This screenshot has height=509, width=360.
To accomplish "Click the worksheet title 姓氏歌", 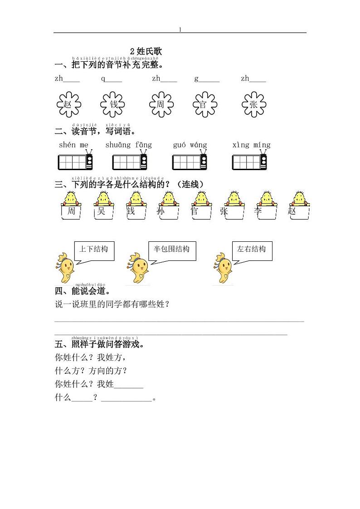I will (x=146, y=51).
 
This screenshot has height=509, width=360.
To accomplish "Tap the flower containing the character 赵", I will (x=68, y=104).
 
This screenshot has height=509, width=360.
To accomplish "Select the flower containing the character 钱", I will (x=113, y=104).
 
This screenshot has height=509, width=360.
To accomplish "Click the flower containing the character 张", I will (x=253, y=104).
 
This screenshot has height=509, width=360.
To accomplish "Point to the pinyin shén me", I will (x=74, y=145).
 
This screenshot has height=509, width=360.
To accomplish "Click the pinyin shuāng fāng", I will (x=129, y=145).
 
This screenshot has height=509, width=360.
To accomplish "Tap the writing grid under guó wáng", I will (x=190, y=162).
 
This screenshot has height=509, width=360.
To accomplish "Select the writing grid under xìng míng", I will (x=249, y=162).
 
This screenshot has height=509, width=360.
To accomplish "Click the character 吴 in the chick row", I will (x=101, y=211).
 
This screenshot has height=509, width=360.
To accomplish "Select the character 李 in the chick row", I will (x=258, y=211).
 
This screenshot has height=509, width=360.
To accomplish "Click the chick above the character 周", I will (x=71, y=198).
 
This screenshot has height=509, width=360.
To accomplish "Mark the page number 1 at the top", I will (x=180, y=29).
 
